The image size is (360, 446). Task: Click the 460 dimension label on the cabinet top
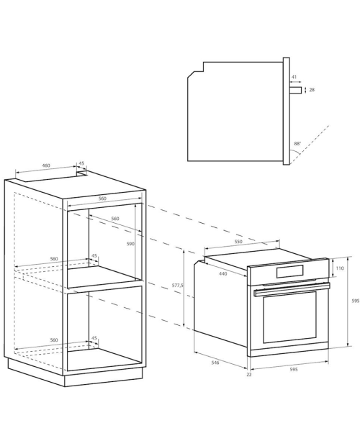[46, 165]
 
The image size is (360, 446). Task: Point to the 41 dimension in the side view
[294, 77]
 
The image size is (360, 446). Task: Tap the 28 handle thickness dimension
[312, 90]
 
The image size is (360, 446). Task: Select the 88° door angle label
[297, 144]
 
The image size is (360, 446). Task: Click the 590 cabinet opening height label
[130, 244]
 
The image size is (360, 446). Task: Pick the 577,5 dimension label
[178, 285]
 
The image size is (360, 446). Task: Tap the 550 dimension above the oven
[238, 242]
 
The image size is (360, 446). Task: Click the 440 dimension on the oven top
[223, 273]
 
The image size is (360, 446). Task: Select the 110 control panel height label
[340, 268]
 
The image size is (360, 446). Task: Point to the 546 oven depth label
[215, 363]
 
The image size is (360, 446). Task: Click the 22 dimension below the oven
[249, 375]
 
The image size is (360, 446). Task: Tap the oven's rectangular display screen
[289, 271]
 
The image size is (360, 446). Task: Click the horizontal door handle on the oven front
[292, 289]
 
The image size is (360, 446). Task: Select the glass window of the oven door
[289, 317]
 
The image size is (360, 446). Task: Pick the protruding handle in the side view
[295, 90]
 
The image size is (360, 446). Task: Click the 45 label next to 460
[81, 163]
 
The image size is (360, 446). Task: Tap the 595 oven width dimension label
[294, 369]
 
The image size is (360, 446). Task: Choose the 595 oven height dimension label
[356, 301]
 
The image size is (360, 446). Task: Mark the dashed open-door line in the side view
[310, 145]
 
